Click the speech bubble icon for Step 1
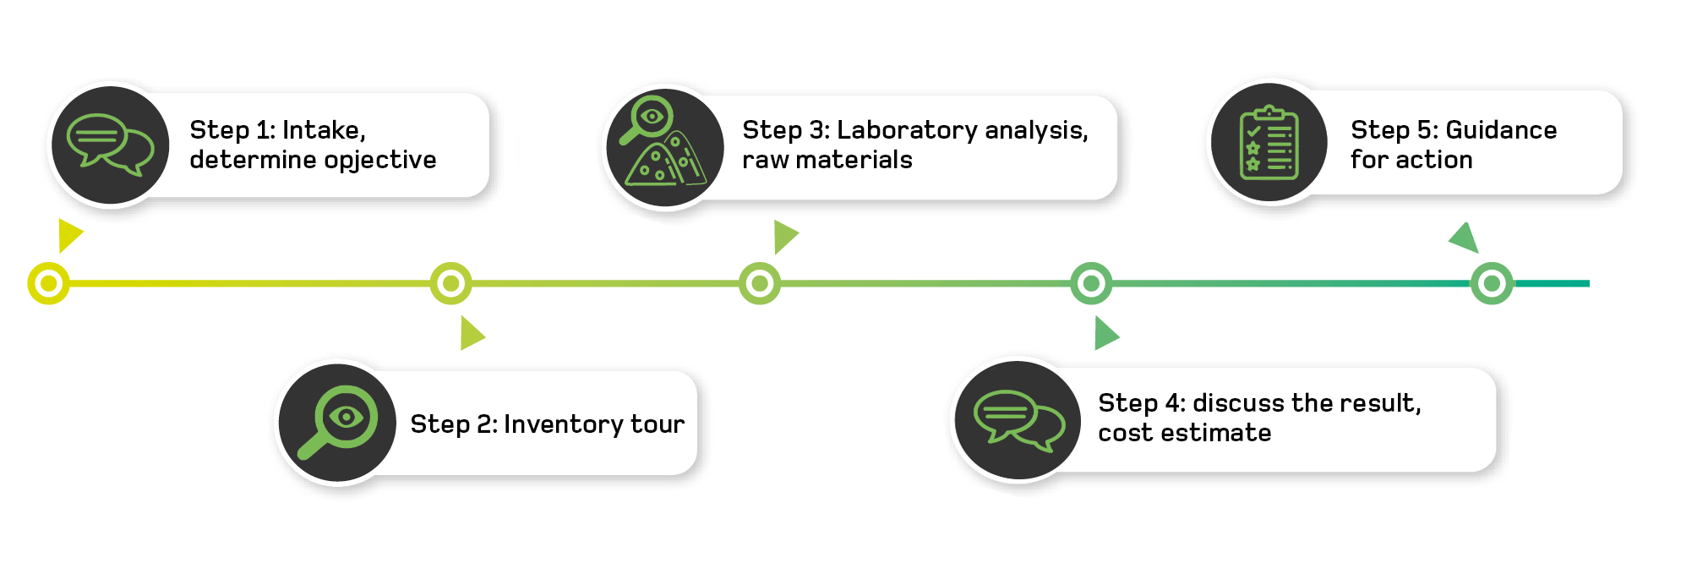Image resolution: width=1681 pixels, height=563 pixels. [111, 145]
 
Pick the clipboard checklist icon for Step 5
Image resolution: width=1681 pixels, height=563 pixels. [1269, 143]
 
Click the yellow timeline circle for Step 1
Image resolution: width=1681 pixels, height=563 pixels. [49, 283]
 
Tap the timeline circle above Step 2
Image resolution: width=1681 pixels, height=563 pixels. [451, 283]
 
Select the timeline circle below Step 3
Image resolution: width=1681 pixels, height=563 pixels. [760, 283]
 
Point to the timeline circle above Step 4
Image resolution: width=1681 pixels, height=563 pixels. [1091, 283]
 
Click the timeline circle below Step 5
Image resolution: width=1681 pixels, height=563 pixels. [1492, 283]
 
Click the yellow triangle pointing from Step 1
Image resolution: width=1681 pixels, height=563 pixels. [68, 235]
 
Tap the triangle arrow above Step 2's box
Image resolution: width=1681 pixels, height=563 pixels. [471, 333]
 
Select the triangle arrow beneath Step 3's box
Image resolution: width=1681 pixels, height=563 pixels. [784, 237]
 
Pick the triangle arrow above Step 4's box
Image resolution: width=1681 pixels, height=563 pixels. [1105, 333]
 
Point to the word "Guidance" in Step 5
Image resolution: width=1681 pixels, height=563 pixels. [1501, 129]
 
